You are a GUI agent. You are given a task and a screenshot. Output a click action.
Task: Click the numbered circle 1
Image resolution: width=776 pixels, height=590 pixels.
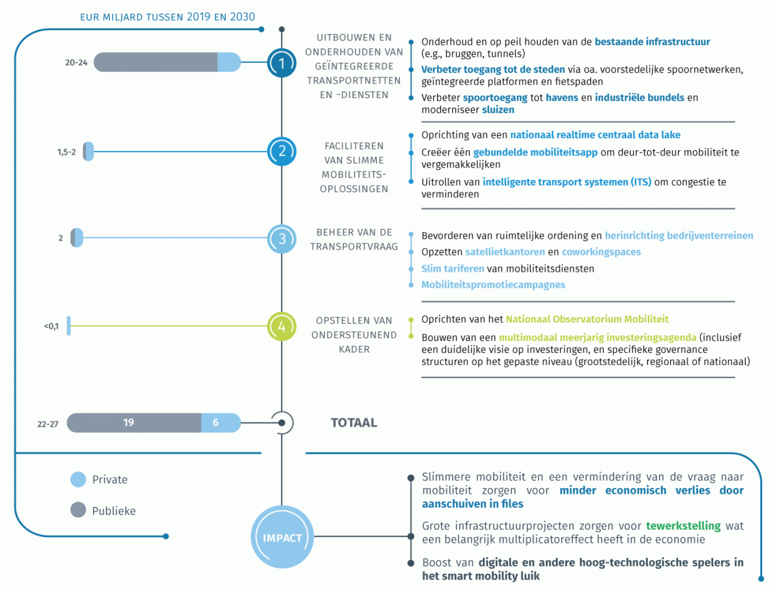point(282,63)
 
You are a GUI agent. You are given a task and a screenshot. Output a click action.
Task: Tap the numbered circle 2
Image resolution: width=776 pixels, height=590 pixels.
point(282,151)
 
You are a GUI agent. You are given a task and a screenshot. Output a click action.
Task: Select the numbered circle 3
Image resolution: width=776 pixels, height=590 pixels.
point(282,239)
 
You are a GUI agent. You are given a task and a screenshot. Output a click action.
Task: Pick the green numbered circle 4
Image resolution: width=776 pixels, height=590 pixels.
point(282,327)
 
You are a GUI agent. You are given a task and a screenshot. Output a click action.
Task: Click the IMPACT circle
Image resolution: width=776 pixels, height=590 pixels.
point(282,537)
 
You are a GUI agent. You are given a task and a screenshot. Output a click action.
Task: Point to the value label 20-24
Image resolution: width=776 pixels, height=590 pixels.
point(76,63)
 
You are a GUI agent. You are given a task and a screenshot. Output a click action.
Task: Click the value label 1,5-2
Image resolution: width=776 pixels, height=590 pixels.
point(66,152)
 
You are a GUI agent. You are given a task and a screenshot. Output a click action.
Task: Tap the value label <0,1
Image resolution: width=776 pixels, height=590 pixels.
point(51,326)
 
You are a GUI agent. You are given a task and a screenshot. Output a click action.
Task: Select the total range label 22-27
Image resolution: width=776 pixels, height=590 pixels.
point(48,424)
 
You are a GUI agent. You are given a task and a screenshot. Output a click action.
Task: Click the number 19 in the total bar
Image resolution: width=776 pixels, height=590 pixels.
point(128,422)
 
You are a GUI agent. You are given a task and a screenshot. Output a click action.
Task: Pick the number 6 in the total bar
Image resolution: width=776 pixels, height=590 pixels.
point(216,422)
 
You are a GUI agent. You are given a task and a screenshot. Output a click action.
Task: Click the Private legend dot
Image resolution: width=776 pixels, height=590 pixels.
point(78,480)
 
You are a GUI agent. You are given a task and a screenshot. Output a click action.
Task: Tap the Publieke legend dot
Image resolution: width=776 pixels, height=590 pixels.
point(78,510)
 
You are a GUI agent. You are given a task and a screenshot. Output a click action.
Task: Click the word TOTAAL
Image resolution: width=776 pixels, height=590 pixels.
point(354,423)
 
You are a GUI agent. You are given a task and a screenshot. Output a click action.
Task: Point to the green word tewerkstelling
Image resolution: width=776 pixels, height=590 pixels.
point(683,526)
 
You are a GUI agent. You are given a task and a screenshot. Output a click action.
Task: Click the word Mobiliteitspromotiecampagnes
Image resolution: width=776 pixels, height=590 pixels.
point(493,285)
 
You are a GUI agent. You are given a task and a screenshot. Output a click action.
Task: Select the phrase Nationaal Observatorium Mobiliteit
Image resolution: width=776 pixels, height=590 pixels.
point(587,319)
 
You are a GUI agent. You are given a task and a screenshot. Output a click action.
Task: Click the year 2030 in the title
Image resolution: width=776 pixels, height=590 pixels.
point(242,17)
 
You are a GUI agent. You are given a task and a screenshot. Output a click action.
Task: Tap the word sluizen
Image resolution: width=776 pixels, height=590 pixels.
point(498,110)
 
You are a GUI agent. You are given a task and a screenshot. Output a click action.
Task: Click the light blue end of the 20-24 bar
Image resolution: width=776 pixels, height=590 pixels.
point(229,62)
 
